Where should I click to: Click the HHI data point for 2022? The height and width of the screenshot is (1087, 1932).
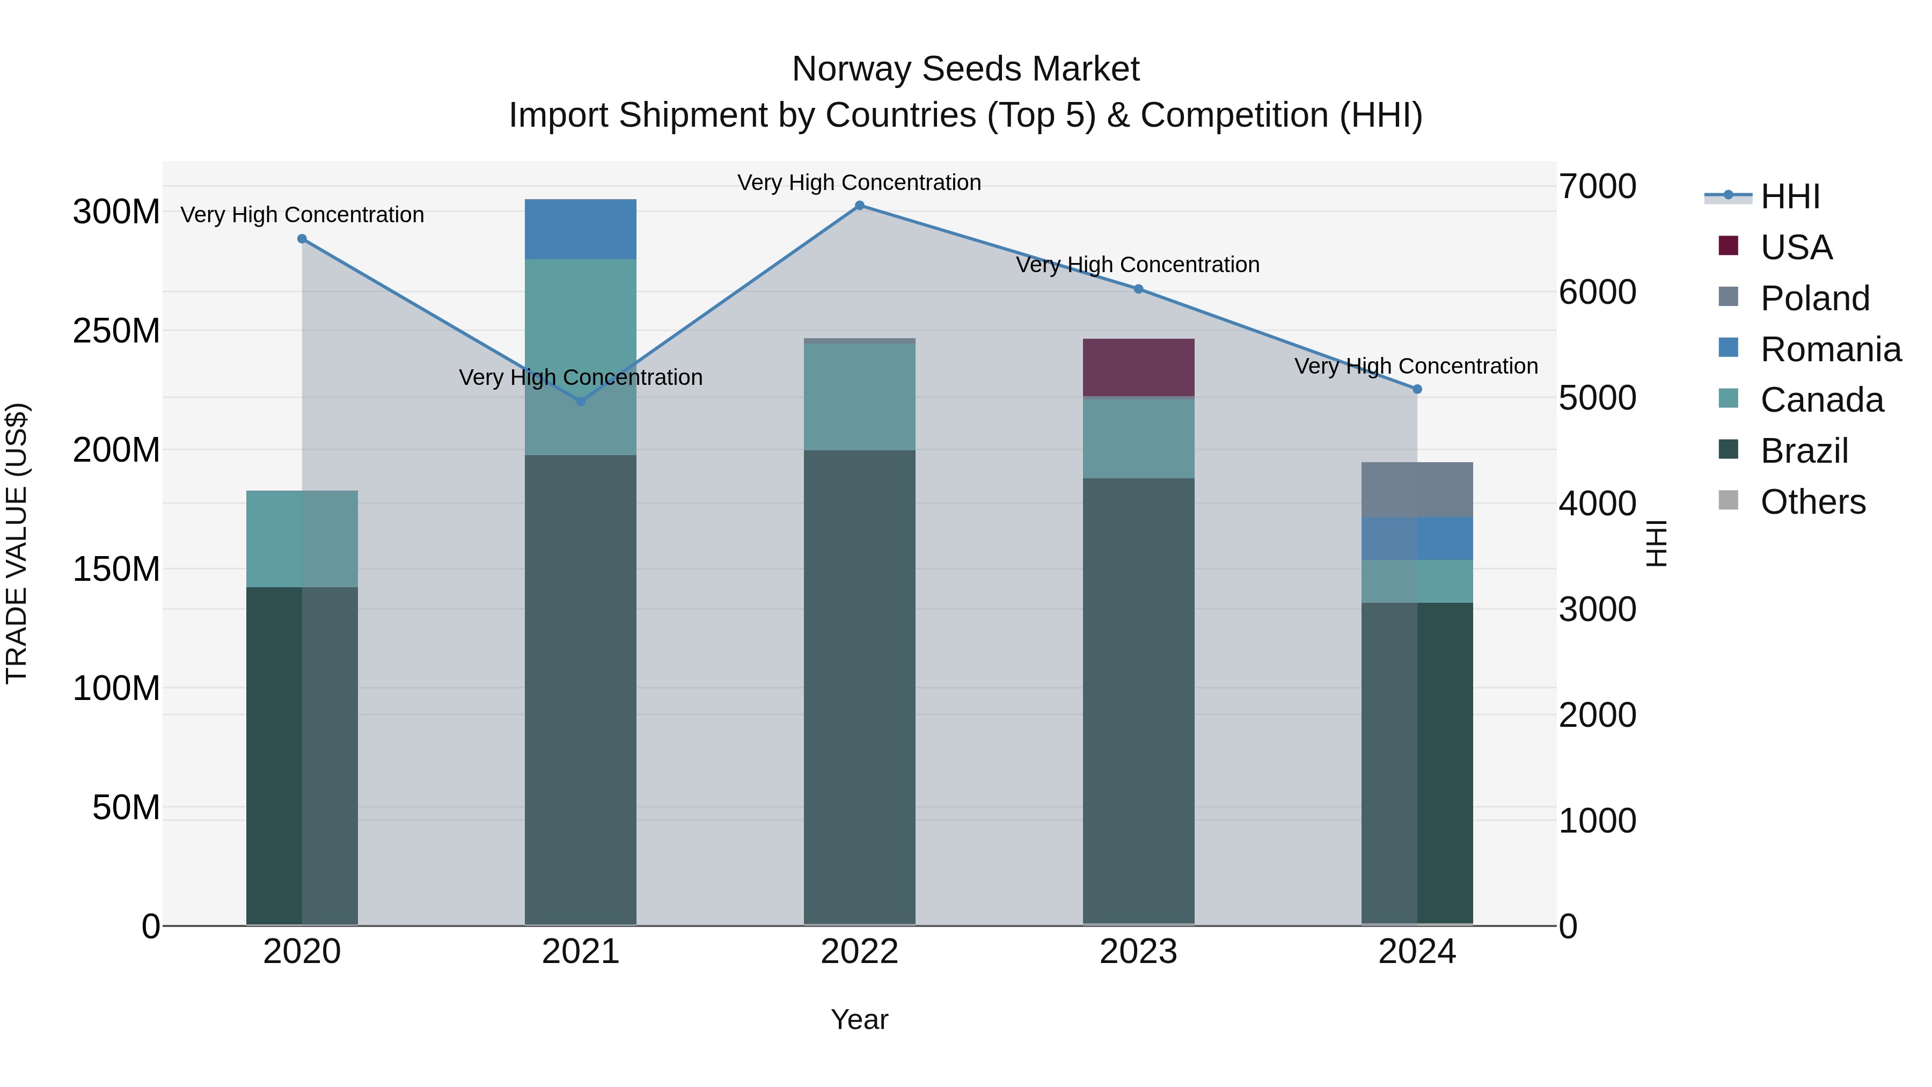tap(860, 206)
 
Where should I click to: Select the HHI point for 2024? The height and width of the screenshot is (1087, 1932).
tap(1417, 389)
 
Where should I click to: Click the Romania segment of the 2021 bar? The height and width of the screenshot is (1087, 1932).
tap(581, 230)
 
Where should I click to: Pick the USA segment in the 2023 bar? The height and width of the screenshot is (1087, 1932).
tap(1138, 368)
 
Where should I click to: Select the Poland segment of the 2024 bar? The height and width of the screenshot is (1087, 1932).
tap(1417, 490)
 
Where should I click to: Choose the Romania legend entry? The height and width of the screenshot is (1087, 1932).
tap(1830, 349)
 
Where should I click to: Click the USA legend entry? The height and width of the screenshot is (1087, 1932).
tap(1796, 247)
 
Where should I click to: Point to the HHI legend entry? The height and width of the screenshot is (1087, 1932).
tap(1789, 196)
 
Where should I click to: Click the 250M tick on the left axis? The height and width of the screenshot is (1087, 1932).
tap(116, 331)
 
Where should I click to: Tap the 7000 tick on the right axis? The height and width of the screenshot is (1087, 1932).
tap(1598, 187)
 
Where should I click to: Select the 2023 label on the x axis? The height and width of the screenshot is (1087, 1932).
tap(1138, 952)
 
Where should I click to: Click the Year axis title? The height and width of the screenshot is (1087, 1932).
tap(860, 1019)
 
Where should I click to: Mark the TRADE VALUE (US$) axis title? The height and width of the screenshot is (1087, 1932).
tap(17, 543)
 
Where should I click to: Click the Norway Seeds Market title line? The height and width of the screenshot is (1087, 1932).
tap(965, 69)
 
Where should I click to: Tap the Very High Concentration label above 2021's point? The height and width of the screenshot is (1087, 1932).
tap(581, 377)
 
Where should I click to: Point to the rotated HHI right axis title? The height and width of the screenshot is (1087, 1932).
tap(1656, 543)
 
